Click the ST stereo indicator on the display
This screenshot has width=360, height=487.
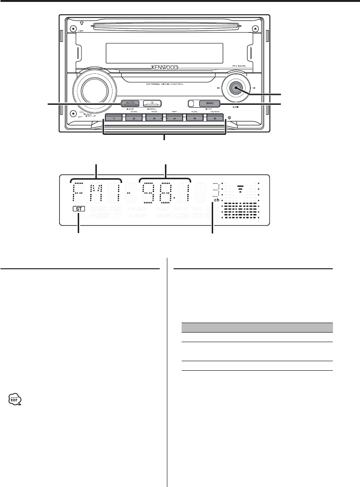[79, 209]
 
